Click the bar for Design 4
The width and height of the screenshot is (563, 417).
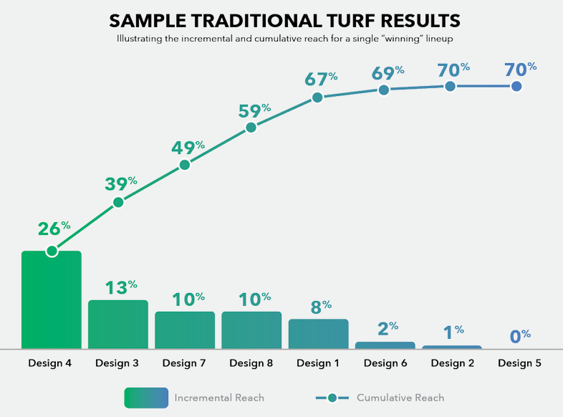(x=51, y=301)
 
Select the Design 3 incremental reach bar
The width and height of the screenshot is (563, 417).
(x=117, y=325)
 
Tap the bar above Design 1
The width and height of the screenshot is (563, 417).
(x=318, y=334)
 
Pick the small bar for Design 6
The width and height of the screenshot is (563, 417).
(x=385, y=345)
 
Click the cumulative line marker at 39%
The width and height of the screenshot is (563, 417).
(x=118, y=202)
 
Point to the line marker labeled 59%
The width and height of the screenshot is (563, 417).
(x=251, y=128)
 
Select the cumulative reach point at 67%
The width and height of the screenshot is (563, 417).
(x=318, y=97)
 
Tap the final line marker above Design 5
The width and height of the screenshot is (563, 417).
(x=516, y=86)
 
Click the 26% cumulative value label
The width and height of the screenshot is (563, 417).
(x=54, y=229)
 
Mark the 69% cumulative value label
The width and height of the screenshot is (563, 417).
(x=388, y=72)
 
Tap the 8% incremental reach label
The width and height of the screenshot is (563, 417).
(x=320, y=307)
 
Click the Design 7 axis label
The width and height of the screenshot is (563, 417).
(x=184, y=363)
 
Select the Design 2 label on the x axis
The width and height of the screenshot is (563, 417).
(x=452, y=363)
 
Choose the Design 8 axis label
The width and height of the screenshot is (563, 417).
(x=251, y=363)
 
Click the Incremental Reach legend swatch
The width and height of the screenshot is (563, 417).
(x=146, y=398)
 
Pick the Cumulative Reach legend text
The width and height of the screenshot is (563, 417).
(x=400, y=398)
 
